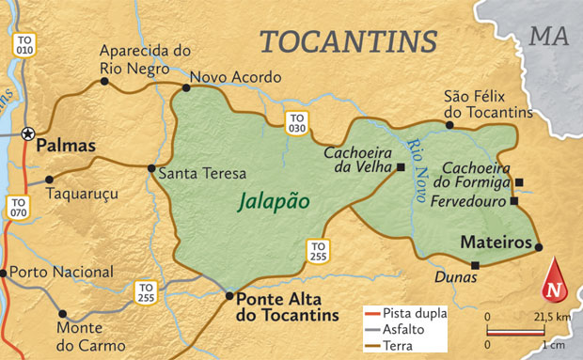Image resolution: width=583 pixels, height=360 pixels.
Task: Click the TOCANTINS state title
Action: tap(348, 41)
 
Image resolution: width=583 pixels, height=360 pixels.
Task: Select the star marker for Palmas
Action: tap(27, 133)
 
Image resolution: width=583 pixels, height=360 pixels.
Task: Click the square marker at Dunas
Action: tap(475, 265)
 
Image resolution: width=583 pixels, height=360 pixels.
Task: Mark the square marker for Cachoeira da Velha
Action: tap(401, 167)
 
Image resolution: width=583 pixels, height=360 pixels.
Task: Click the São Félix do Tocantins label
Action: tap(488, 103)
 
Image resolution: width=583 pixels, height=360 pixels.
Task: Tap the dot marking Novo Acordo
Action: tap(186, 87)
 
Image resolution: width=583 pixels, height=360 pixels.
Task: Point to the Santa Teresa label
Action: tap(201, 173)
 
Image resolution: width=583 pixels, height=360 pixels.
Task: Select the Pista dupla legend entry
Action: tap(412, 313)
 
